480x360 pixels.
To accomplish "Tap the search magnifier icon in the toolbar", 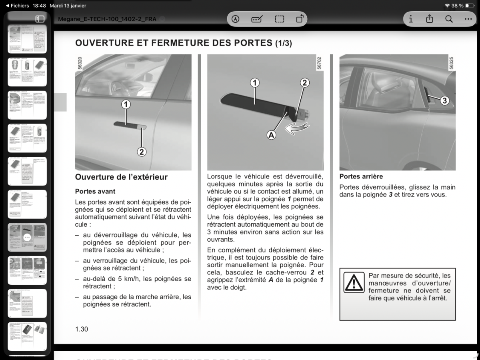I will click(x=449, y=19).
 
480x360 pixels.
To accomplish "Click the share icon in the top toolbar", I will click(x=430, y=19).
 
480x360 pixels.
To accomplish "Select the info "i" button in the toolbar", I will click(x=411, y=19).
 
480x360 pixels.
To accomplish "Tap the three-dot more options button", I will click(x=468, y=19).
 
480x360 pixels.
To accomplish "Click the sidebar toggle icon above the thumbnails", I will click(x=40, y=19).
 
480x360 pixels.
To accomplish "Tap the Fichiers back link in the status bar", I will click(x=17, y=6).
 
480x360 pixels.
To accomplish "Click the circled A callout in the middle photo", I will click(x=272, y=135).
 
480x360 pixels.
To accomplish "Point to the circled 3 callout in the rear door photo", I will click(x=444, y=101).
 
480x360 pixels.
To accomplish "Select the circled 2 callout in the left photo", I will click(x=142, y=152).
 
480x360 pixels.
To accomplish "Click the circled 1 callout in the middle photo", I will click(x=254, y=83).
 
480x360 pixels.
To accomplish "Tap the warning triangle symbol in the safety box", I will click(x=354, y=282).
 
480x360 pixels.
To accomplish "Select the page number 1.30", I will click(x=82, y=329).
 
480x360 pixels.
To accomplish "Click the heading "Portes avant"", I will click(x=95, y=192).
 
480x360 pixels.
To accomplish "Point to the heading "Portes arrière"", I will click(x=361, y=176).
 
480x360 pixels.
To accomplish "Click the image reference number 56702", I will click(x=319, y=63).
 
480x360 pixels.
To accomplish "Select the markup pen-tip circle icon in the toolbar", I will click(x=236, y=19).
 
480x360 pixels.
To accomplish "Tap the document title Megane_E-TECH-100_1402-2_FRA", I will click(x=107, y=19).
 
